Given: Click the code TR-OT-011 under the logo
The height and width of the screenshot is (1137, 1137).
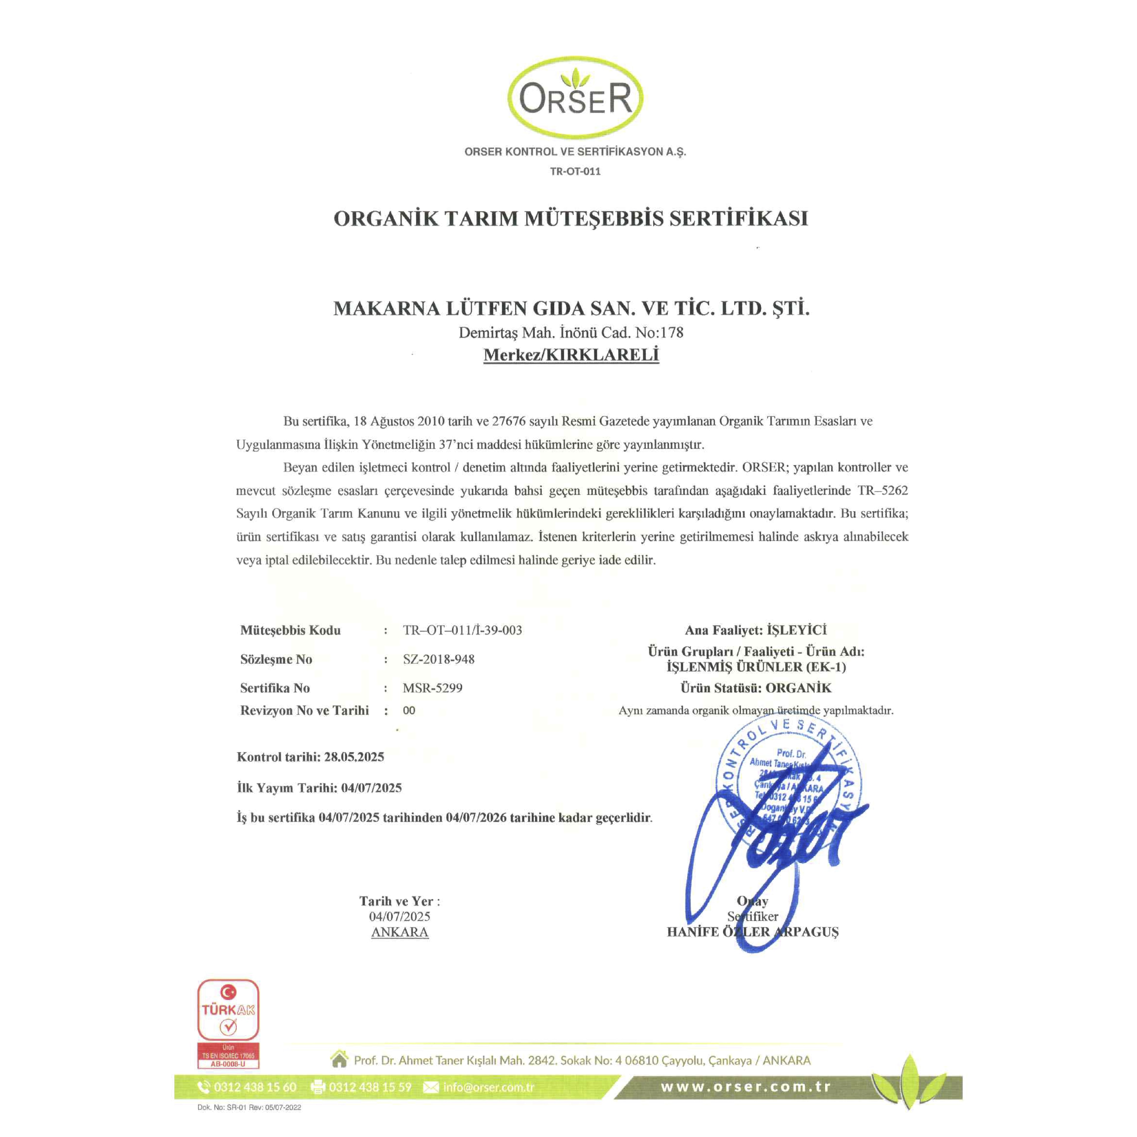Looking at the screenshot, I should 575,171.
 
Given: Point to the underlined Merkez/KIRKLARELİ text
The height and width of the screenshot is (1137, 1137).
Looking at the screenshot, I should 571,355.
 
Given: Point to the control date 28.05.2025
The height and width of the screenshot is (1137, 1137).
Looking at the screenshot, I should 354,757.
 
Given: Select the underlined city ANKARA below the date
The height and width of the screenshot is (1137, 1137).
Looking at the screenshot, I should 400,932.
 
